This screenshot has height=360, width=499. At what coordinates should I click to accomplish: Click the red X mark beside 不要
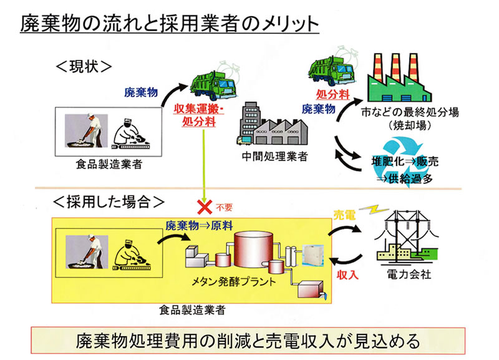click(x=205, y=207)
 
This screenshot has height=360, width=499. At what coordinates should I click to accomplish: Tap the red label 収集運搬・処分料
click(x=199, y=115)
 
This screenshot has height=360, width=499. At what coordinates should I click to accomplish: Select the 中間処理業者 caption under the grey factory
click(x=274, y=156)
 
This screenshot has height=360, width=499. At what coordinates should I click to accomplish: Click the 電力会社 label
click(x=409, y=274)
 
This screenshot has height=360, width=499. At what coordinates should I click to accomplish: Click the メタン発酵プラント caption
click(x=234, y=281)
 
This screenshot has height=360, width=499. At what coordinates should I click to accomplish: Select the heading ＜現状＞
click(x=84, y=67)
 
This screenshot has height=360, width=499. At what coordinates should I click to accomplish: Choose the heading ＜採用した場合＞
click(x=109, y=202)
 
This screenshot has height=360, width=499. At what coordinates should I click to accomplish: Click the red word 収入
click(x=347, y=275)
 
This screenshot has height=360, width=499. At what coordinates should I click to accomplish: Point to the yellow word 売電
click(x=344, y=215)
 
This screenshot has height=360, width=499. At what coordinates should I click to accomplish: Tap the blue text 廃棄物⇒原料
click(x=199, y=226)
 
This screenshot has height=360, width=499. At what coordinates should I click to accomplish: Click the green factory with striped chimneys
click(x=399, y=78)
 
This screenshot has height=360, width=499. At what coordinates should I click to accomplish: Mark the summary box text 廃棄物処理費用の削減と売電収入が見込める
click(x=248, y=341)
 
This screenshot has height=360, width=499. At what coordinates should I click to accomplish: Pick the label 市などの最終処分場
click(x=410, y=112)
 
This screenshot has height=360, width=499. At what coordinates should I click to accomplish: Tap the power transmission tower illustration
click(x=407, y=236)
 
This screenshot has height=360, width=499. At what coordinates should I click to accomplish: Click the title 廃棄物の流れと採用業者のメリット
click(x=169, y=24)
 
